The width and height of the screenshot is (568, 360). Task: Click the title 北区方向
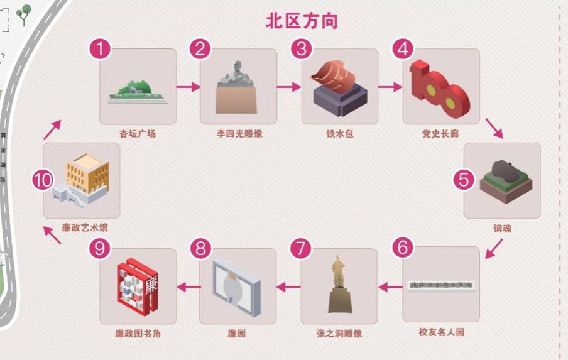point(302,21)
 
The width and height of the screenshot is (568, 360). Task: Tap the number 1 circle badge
point(100,49)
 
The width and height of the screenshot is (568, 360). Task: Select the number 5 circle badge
point(464,179)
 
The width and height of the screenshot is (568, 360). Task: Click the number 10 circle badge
point(43,180)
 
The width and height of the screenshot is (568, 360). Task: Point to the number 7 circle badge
point(301,249)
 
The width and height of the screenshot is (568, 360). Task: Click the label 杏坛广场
point(138,134)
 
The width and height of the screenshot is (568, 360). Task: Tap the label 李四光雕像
point(238,134)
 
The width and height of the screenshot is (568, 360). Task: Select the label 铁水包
point(340,134)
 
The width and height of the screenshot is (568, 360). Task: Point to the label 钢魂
point(501,229)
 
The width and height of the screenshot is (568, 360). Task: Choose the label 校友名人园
point(441,332)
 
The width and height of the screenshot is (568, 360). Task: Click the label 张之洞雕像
point(339,334)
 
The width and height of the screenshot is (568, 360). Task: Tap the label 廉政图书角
point(138,334)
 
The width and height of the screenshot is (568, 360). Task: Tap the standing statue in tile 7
point(339,283)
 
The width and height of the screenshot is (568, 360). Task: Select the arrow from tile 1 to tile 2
point(188,87)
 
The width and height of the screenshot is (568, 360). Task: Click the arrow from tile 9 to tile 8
point(188,287)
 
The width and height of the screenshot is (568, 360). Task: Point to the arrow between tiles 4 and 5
point(494,129)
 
